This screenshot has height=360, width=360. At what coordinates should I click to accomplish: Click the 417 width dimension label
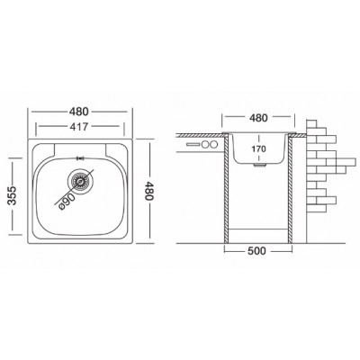pos(79,127)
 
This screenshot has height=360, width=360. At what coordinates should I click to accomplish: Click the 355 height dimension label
pos(13,195)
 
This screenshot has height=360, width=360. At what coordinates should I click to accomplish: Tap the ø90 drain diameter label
pos(66,201)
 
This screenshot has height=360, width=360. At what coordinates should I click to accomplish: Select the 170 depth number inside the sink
pos(258,148)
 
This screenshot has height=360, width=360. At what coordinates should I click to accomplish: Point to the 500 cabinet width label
pos(256,250)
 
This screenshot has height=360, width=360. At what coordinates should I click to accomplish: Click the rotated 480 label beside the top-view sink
pos(148,191)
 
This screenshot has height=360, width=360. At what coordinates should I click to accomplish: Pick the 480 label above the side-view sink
pos(258,118)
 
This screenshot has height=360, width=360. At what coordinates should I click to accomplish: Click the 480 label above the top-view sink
pos(79,112)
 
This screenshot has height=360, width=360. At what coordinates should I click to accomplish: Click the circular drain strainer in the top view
pos(80,181)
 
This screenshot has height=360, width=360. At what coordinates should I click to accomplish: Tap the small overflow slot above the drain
pos(81,158)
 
